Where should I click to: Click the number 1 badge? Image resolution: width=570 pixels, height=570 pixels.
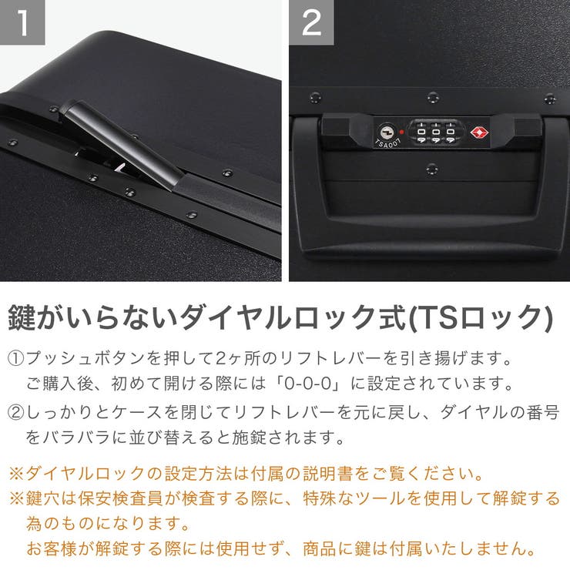(x=22, y=22)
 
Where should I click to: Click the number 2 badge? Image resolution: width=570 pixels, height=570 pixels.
(x=311, y=22)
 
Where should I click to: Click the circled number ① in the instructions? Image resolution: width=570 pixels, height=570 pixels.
(x=16, y=360)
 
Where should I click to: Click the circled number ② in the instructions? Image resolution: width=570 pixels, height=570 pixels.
(x=16, y=414)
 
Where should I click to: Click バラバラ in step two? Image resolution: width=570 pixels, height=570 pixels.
(x=84, y=438)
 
